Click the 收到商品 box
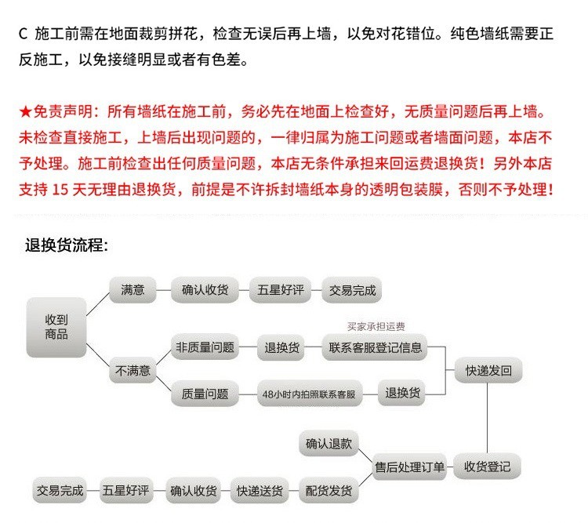click(x=56, y=327)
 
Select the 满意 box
click(x=132, y=290)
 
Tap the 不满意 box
click(x=132, y=371)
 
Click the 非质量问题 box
click(x=205, y=347)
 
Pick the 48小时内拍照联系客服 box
click(x=310, y=394)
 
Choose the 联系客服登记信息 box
click(x=375, y=347)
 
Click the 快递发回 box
click(x=488, y=371)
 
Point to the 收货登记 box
click(x=487, y=467)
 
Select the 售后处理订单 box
click(x=409, y=467)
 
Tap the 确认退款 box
click(x=328, y=444)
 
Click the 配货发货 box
click(x=328, y=490)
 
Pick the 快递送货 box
click(x=260, y=490)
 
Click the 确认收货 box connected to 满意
click(x=205, y=290)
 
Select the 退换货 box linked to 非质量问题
click(x=281, y=347)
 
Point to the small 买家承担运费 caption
click(x=376, y=326)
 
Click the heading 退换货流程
click(x=67, y=245)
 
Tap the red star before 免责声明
click(x=26, y=111)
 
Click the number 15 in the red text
click(x=60, y=190)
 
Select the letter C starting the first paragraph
click(x=23, y=34)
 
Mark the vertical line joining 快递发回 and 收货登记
click(x=487, y=419)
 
